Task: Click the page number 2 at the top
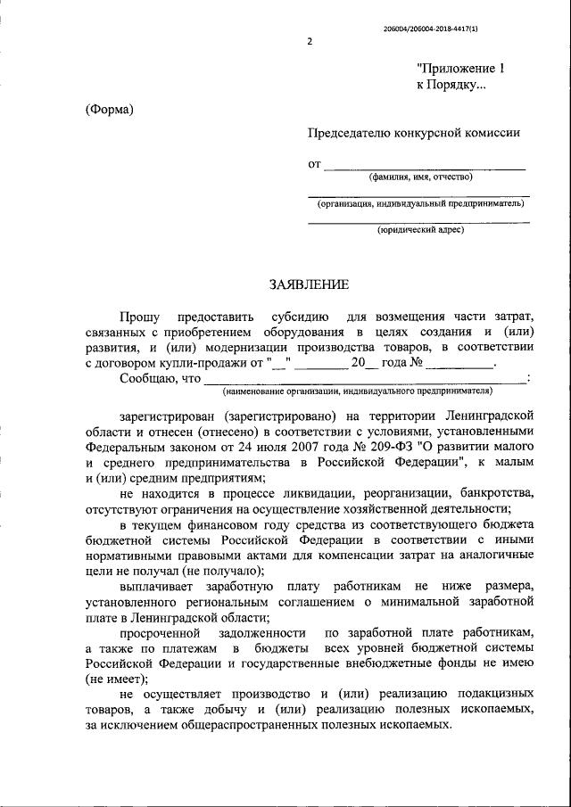pos(309,42)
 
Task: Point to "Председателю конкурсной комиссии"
pos(414,133)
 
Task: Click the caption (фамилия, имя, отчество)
pos(421,177)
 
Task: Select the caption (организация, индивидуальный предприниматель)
pos(419,203)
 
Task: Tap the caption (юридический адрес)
pos(419,229)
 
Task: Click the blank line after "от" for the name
pos(424,164)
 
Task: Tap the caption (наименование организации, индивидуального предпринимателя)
pos(358,391)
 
